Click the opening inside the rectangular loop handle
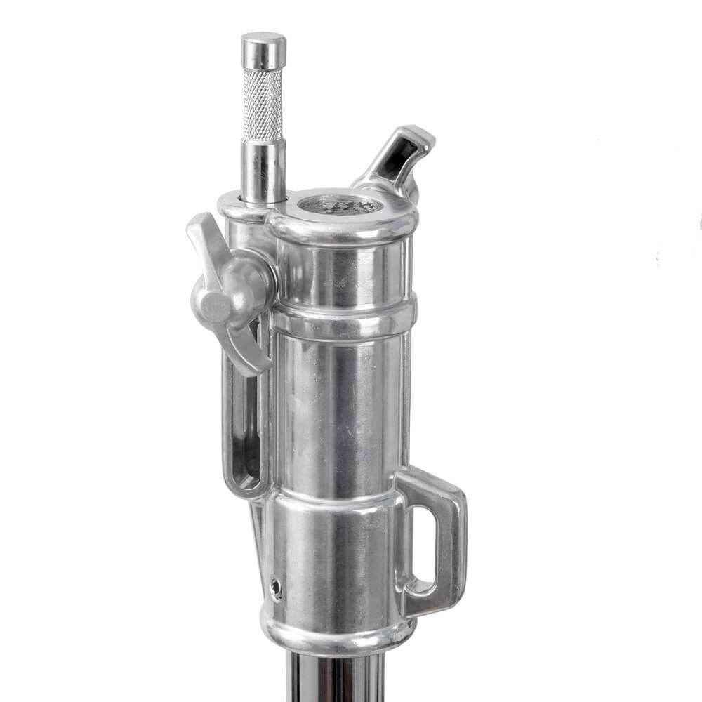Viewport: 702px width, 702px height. pyautogui.click(x=425, y=541)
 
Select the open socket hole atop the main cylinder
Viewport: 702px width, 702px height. pyautogui.click(x=341, y=206)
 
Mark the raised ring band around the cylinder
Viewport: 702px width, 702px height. pyautogui.click(x=344, y=319)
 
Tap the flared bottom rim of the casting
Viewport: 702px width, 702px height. pyautogui.click(x=337, y=632)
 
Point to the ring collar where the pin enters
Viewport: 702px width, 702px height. pyautogui.click(x=239, y=204)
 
